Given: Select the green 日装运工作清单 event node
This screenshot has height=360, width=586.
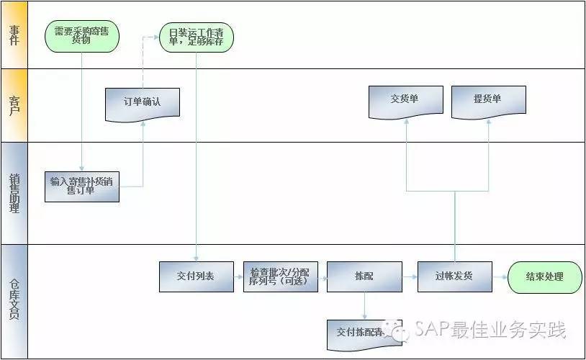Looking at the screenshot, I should [197, 36].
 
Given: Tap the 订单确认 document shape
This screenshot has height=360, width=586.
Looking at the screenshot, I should [143, 103].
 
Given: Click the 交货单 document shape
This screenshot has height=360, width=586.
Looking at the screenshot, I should [405, 101].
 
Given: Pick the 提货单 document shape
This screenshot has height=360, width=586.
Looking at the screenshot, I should [488, 101].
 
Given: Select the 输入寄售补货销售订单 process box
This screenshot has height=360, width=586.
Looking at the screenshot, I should [82, 186].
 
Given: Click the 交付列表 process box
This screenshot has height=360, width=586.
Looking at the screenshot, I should [197, 276].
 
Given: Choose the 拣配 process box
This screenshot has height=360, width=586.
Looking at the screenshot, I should [364, 276].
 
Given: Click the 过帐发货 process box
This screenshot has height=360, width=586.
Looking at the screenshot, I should [454, 276].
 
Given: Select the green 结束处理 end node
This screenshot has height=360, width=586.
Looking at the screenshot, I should [545, 276].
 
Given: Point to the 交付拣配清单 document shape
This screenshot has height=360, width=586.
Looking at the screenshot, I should [363, 331].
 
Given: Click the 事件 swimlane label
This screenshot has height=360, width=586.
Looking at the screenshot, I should [14, 35].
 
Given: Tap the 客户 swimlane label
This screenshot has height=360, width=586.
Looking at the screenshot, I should [14, 105].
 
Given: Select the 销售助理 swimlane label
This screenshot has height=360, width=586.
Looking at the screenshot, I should [14, 193].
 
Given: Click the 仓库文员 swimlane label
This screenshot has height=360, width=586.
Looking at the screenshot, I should [14, 301].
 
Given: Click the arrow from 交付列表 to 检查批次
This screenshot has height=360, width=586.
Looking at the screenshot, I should [239, 276].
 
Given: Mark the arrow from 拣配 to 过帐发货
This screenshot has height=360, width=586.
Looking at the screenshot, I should [410, 276].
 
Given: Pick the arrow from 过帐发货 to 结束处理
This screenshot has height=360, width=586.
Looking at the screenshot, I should [500, 276].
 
